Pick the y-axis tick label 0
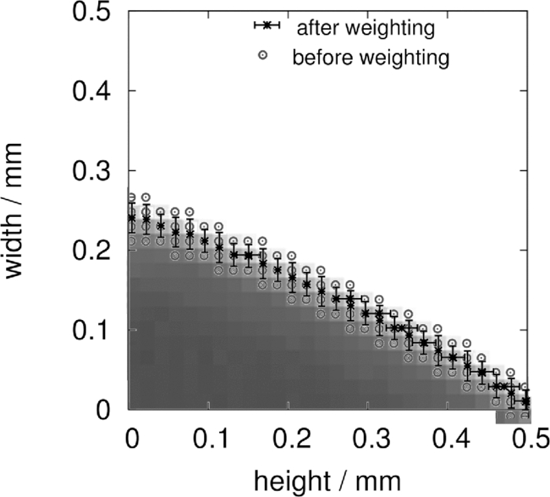point(105,410)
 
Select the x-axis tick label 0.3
point(368,436)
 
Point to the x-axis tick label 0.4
point(448,436)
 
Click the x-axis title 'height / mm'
point(328,477)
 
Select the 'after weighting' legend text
point(365,28)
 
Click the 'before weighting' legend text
point(370,57)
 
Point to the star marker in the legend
point(267,26)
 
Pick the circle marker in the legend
point(267,56)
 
